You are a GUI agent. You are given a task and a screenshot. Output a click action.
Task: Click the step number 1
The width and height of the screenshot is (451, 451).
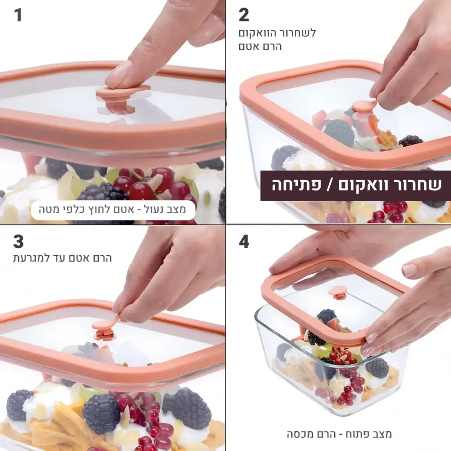coord(18,15)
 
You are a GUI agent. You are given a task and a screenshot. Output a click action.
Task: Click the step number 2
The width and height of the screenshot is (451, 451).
coord(244,15)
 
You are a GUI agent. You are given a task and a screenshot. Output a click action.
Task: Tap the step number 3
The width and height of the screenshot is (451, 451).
coord(18,242)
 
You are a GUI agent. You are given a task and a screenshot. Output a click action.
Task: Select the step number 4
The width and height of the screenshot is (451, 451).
coord(244,242)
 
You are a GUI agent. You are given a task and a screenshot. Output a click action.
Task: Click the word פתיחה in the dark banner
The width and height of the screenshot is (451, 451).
coord(296,185)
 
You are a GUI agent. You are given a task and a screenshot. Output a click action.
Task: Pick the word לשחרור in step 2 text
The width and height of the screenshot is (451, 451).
coord(297,33)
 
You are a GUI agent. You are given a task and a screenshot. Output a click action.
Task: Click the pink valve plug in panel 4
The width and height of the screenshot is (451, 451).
coord(337,293)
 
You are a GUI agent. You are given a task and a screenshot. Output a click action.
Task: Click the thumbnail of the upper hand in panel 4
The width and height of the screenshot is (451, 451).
coord(409,270)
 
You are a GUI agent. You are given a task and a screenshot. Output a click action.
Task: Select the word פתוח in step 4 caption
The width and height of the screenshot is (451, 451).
coord(359,434)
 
